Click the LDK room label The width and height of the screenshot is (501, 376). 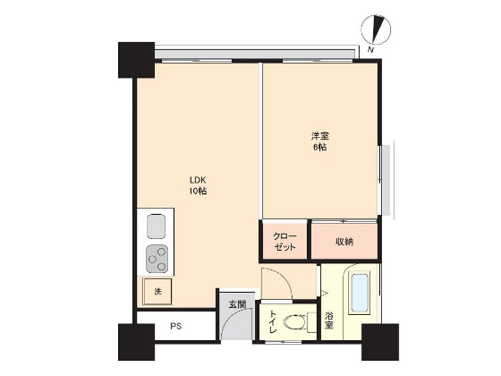click(198, 180)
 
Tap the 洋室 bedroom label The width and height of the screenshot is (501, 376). click(320, 136)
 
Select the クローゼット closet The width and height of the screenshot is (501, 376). click(285, 241)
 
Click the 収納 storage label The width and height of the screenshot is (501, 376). click(344, 241)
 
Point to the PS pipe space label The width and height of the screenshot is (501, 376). click(176, 326)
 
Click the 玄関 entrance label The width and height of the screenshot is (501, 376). click(237, 304)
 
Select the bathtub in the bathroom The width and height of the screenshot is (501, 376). click(359, 292)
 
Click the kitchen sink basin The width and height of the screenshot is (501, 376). click(156, 226)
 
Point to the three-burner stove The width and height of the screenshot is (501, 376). click(157, 259)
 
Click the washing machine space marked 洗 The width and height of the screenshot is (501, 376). click(157, 291)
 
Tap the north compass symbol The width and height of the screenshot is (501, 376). click(376, 29)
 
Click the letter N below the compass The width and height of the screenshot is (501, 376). click(370, 49)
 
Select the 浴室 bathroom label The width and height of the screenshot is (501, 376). click(329, 321)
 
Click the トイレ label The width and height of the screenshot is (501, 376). click(273, 322)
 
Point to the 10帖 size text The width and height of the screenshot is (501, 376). click(198, 191)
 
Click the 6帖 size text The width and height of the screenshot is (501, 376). click(320, 148)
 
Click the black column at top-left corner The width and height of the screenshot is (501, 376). click(137, 60)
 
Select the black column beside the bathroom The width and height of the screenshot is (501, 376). click(380, 342)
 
